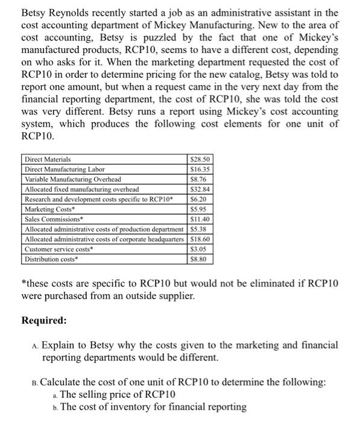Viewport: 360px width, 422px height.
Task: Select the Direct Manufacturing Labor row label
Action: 65,169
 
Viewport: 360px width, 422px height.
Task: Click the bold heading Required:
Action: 44,320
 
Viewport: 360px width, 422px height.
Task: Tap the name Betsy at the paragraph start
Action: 35,13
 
